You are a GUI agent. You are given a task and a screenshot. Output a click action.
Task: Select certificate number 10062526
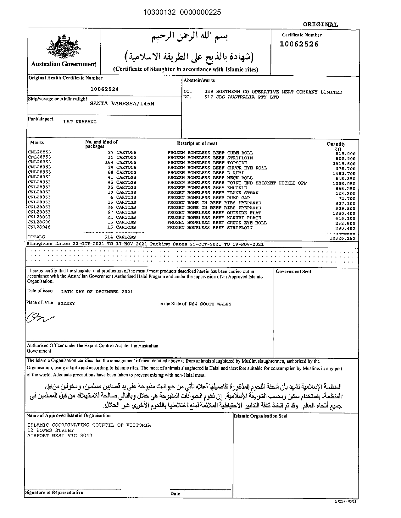299,44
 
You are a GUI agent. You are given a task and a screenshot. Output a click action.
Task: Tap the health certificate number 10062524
104,89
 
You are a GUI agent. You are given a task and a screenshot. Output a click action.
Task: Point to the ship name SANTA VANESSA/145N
122,103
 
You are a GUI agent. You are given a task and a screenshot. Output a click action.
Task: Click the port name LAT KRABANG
80,122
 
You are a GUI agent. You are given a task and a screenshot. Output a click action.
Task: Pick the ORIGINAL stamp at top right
320,24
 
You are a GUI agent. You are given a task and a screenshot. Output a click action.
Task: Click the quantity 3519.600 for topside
344,164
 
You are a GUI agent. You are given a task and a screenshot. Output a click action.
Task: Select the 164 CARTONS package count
120,162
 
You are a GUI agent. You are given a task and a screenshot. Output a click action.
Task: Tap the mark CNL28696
39,222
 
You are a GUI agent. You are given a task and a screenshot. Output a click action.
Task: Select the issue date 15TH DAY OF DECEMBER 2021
97,292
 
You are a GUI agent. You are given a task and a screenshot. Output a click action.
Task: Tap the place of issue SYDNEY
66,304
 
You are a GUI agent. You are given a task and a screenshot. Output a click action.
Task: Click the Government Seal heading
293,272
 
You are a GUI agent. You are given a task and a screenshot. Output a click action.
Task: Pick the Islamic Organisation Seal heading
260,416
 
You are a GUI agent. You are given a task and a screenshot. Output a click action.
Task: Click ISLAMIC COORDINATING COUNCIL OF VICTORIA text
89,425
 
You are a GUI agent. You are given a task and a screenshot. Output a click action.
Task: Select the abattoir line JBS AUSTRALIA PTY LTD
242,97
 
